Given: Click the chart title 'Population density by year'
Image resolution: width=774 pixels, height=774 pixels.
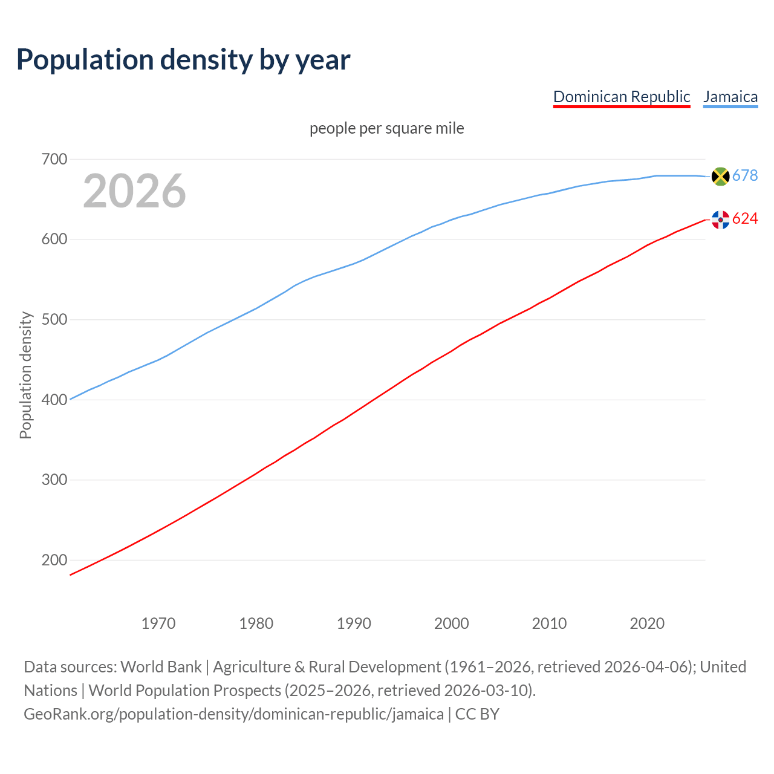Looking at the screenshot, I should [x=183, y=60].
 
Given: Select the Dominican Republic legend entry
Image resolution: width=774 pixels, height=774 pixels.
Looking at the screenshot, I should [x=621, y=97].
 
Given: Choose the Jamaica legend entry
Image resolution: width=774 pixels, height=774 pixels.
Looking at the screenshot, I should [x=730, y=97].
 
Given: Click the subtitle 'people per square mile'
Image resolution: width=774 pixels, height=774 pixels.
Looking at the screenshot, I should [x=386, y=128].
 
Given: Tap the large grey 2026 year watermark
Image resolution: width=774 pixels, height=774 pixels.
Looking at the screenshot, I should [x=134, y=191].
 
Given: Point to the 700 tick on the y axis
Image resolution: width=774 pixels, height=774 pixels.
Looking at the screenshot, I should [x=54, y=160].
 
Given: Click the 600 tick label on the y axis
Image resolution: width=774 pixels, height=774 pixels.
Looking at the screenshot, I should [x=54, y=239].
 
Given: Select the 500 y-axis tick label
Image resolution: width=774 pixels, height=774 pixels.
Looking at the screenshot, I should [x=54, y=320].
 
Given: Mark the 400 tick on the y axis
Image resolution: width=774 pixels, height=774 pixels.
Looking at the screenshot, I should [x=54, y=400].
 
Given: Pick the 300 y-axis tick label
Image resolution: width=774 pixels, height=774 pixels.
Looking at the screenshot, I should [x=54, y=480].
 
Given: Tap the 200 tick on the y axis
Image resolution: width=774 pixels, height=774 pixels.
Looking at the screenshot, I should [x=54, y=560].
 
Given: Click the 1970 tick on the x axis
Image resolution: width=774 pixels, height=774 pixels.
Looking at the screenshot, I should [x=158, y=623].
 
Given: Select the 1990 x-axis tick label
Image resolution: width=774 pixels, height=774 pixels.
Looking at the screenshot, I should [x=354, y=623].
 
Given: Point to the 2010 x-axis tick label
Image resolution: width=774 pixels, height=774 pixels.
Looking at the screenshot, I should [x=549, y=623].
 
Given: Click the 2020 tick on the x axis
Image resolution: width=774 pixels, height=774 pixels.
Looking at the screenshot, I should [x=647, y=623].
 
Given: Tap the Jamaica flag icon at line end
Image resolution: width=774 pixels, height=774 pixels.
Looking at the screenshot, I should [x=720, y=176].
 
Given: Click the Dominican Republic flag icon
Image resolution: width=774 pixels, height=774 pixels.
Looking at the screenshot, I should [x=720, y=220].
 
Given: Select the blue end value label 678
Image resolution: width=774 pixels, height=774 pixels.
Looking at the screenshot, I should [x=745, y=176].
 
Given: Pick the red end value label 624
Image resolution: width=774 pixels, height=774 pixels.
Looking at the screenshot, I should [x=745, y=219].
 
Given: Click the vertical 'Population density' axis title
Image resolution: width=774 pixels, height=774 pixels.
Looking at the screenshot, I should [x=25, y=375].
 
